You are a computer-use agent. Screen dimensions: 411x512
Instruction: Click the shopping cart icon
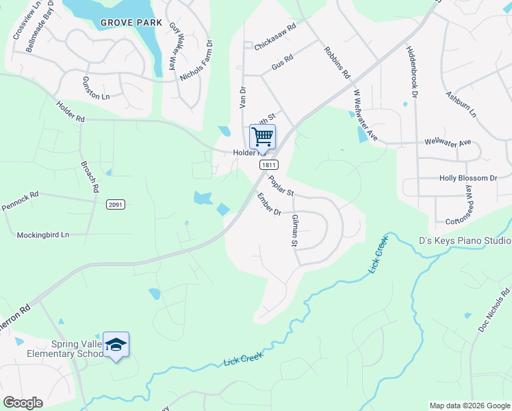[262, 136]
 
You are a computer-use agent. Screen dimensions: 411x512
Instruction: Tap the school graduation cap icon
[116, 345]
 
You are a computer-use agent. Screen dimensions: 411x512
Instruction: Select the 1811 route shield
[268, 165]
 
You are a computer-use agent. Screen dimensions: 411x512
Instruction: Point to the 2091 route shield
[116, 204]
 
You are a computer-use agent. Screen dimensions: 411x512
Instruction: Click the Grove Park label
[131, 23]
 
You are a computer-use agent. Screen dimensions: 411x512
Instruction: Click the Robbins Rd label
[337, 62]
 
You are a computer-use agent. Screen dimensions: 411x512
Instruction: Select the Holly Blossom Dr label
[468, 178]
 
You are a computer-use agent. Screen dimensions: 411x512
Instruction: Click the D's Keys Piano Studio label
[465, 241]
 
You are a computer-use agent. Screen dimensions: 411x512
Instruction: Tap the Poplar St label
[281, 185]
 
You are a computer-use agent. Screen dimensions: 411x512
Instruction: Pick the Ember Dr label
[269, 203]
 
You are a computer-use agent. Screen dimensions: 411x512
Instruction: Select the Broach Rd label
[90, 177]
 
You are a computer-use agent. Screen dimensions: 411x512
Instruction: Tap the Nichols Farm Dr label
[196, 61]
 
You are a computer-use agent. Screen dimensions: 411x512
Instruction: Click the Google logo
[23, 403]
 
